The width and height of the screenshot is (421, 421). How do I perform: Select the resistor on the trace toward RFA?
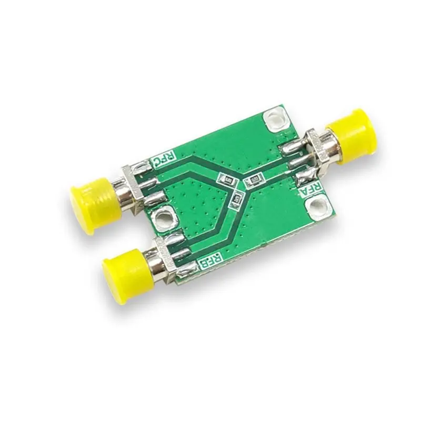[x=253, y=180]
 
